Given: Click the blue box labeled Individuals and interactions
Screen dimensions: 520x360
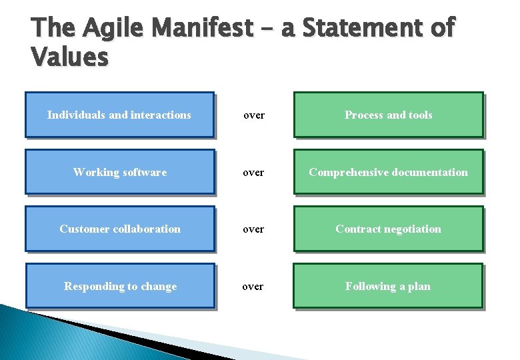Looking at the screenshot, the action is (x=119, y=115).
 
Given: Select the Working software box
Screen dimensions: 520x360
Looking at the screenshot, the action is (x=120, y=172).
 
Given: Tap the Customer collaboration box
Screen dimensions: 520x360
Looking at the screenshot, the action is (x=120, y=229).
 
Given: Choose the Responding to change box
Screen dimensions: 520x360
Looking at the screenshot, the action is (x=120, y=286).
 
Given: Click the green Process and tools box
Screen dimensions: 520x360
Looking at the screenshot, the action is (x=388, y=115).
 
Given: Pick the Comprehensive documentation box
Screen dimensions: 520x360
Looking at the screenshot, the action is (x=388, y=172).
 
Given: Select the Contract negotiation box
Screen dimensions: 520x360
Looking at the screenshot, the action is (x=388, y=229).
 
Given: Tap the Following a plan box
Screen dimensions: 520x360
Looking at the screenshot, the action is (x=388, y=286).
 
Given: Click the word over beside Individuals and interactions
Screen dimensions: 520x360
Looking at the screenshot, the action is (x=254, y=115).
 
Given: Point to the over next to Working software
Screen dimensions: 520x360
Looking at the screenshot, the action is (x=253, y=173).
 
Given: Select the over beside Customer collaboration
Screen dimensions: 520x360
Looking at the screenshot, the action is (x=253, y=229).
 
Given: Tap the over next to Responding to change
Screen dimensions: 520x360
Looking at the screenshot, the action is (x=253, y=287).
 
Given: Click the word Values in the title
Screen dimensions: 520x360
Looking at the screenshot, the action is (x=69, y=57).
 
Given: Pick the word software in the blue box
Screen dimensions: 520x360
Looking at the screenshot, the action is (x=145, y=172).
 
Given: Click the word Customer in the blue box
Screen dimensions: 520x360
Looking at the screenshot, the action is (x=83, y=229).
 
